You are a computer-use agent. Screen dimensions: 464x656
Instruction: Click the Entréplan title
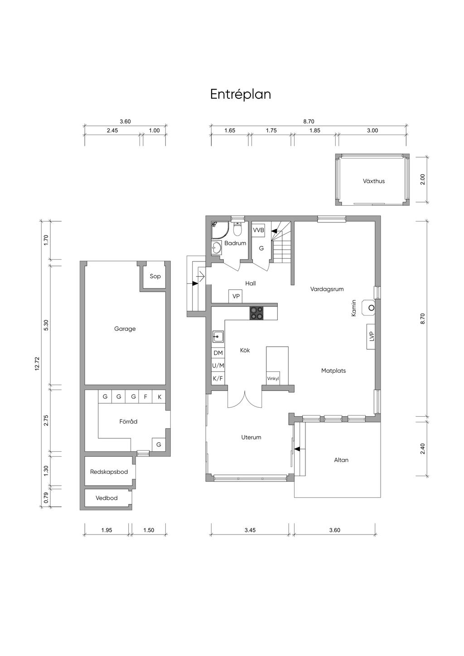(x=241, y=94)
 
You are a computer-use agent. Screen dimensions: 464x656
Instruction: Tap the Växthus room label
(x=373, y=181)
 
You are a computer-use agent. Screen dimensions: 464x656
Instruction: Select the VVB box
(x=258, y=230)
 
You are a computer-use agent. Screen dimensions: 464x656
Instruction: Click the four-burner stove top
(x=256, y=313)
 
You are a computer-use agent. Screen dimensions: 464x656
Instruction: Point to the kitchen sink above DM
(x=218, y=337)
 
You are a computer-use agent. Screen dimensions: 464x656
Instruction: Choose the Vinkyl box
(x=273, y=378)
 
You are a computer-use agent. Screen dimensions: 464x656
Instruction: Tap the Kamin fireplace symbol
(x=368, y=308)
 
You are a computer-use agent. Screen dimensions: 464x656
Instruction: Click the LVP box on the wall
(x=371, y=337)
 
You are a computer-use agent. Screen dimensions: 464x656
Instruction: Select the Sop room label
(x=155, y=276)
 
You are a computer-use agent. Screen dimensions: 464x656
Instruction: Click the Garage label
(x=125, y=329)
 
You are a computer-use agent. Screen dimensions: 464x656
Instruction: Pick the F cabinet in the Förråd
(x=145, y=397)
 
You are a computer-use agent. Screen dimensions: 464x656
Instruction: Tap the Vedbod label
(x=106, y=498)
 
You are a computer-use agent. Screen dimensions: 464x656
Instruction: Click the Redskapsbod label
(x=109, y=472)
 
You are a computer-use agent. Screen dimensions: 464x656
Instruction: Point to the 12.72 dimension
(x=37, y=364)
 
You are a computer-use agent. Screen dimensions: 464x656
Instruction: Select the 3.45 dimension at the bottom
(x=250, y=530)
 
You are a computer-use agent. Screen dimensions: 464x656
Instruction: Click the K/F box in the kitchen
(x=218, y=378)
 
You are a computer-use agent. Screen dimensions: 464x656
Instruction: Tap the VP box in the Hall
(x=236, y=296)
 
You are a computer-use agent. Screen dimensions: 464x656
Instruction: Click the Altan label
(x=341, y=460)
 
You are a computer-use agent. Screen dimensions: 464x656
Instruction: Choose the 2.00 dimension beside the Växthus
(x=422, y=179)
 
